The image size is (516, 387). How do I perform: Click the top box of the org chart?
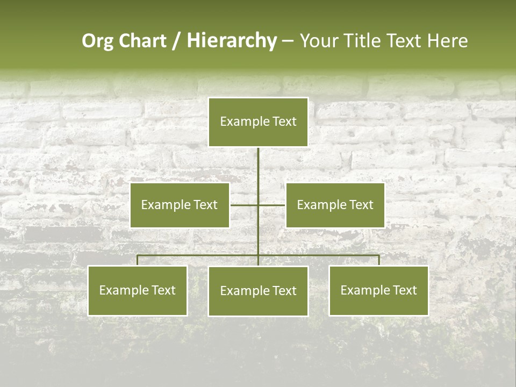tap(258, 122)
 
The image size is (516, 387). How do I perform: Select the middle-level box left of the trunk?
tap(180, 205)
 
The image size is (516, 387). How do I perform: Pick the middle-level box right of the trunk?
tap(335, 205)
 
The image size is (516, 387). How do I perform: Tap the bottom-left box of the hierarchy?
tap(138, 291)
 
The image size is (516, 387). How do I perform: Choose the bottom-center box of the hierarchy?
tap(258, 291)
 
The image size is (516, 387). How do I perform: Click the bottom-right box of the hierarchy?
tap(378, 291)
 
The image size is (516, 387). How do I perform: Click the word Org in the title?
tap(97, 41)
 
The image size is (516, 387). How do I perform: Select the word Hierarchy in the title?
tap(231, 41)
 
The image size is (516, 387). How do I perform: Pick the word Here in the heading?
tap(447, 41)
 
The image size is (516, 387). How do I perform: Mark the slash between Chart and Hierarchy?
tap(176, 41)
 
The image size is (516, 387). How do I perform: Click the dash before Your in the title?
tap(288, 41)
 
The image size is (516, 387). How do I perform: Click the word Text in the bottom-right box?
tap(404, 290)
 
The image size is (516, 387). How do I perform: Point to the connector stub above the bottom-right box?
tap(378, 260)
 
